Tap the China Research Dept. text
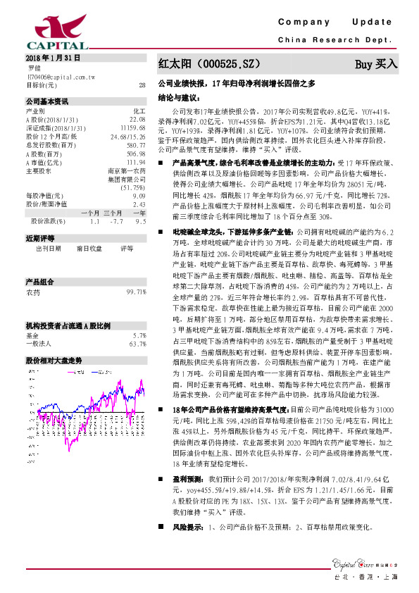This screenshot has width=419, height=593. click(x=338, y=40)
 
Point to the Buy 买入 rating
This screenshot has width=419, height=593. click(x=375, y=64)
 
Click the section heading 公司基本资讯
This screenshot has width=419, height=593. click(x=47, y=101)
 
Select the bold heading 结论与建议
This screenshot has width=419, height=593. click(x=180, y=98)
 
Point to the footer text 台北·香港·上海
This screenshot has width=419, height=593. click(x=368, y=578)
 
